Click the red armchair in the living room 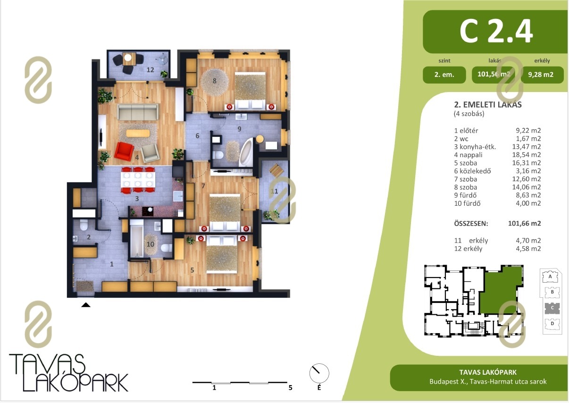click(124, 151)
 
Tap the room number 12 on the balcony click(150, 70)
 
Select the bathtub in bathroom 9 click(246, 152)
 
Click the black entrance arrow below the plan click(86, 305)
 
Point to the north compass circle click(319, 373)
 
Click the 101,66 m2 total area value click(524, 223)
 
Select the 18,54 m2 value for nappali click(527, 154)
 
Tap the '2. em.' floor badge click(444, 75)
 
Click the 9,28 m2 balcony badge click(542, 75)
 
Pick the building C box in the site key click(552, 308)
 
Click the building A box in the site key click(550, 277)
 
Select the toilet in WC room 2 click(84, 225)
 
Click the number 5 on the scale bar click(290, 388)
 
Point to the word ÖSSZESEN click(471, 223)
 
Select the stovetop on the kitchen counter click(148, 211)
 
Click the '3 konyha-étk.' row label click(475, 147)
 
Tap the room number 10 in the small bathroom click(151, 244)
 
